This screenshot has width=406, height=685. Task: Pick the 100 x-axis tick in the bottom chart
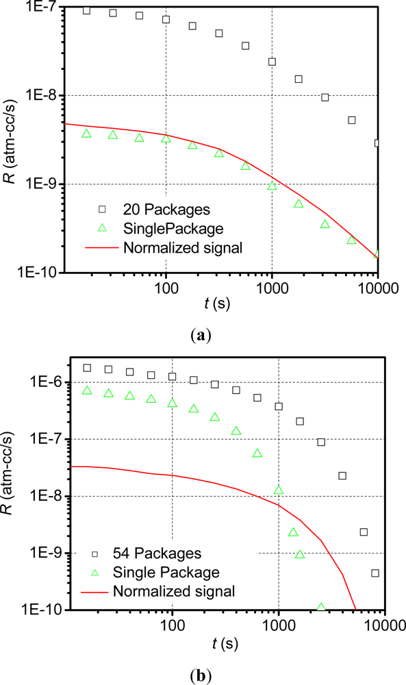pos(172,625)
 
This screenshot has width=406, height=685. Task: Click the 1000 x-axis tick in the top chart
pos(272,288)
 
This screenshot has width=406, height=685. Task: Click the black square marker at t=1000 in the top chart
pos(272,62)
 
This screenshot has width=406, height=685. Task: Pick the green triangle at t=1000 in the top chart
pos(272,186)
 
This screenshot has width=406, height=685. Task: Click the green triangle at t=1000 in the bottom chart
pos(278,490)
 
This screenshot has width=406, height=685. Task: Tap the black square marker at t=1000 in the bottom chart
pos(279,406)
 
